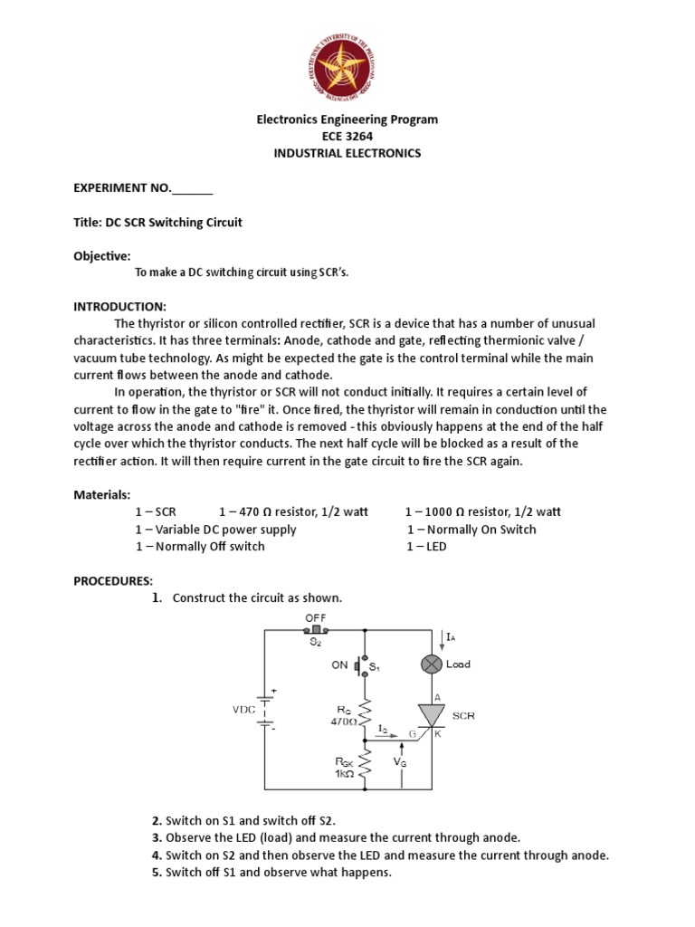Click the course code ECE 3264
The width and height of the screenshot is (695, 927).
[347, 136]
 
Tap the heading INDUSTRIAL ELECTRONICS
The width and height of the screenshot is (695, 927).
[347, 153]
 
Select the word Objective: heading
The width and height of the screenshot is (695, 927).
[102, 256]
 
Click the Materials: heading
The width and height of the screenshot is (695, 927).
[102, 494]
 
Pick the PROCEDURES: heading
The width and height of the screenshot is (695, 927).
[114, 579]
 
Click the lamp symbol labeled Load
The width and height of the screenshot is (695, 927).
[430, 664]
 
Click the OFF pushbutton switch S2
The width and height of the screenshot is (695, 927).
[316, 628]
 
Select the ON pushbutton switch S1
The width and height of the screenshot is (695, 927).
[363, 666]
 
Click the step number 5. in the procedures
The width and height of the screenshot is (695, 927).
[157, 873]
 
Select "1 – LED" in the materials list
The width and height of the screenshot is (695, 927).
[426, 547]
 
